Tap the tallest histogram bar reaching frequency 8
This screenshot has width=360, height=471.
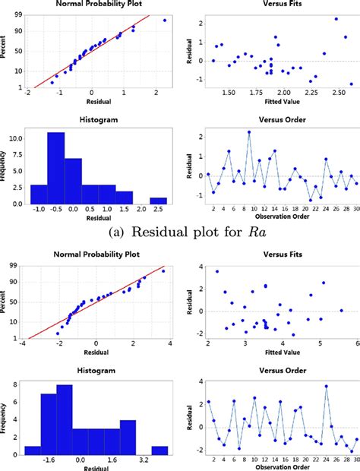(65, 418)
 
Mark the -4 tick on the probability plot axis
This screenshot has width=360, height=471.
(26, 343)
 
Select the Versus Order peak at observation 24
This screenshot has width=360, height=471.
(326, 386)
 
